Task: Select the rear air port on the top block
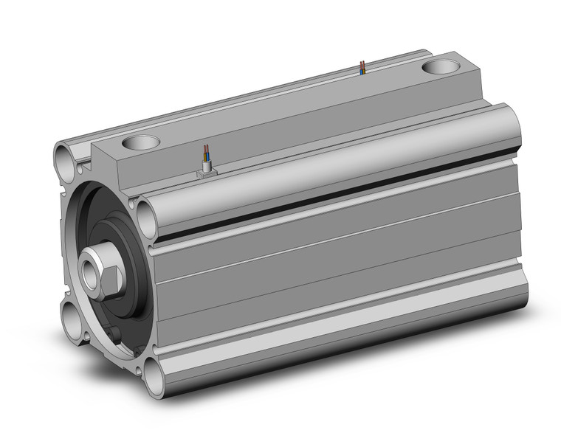(441, 69)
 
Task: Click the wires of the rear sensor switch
(361, 67)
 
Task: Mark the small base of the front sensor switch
(206, 170)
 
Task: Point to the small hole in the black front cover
(117, 337)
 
